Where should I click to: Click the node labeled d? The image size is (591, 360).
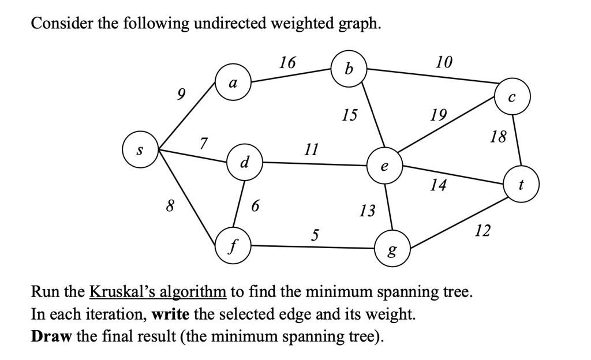click(245, 161)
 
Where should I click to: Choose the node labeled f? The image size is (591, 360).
click(233, 246)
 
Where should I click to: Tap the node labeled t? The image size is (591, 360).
click(521, 185)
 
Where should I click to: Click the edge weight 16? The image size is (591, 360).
click(287, 62)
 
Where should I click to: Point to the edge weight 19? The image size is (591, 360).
click(438, 115)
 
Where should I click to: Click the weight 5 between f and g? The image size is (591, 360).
click(314, 234)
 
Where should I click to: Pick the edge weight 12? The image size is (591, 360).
click(482, 231)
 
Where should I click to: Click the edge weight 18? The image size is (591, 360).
click(498, 137)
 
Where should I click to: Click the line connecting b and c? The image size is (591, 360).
click(433, 78)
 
